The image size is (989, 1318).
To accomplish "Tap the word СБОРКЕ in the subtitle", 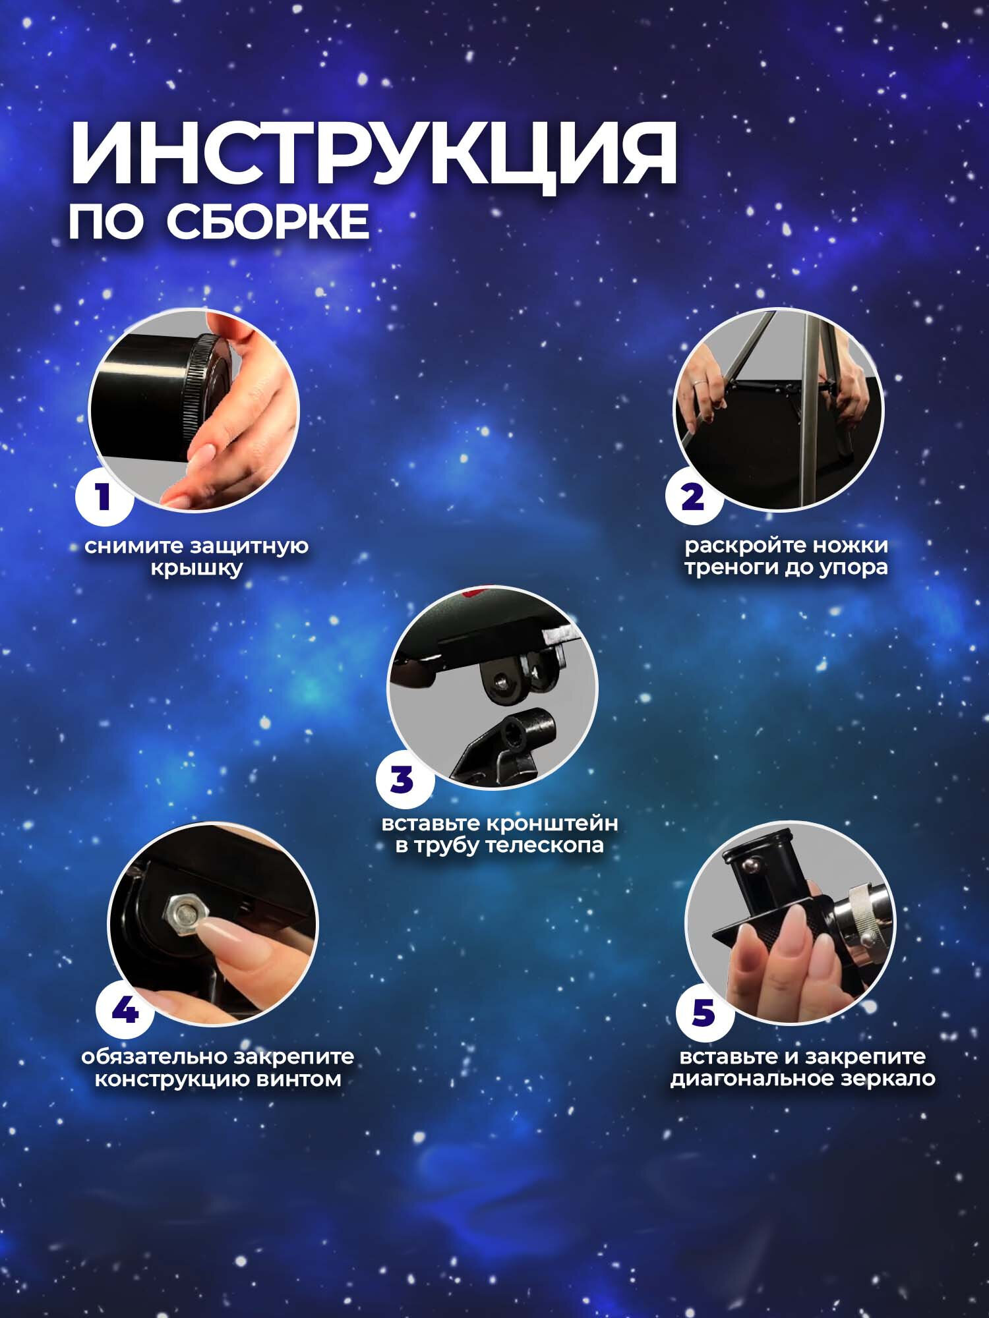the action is (x=268, y=222).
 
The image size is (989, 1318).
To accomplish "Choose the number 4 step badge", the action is (x=125, y=1010).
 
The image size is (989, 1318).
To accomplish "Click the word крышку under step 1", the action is (x=197, y=568).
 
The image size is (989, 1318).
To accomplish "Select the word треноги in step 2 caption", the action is (x=730, y=567).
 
